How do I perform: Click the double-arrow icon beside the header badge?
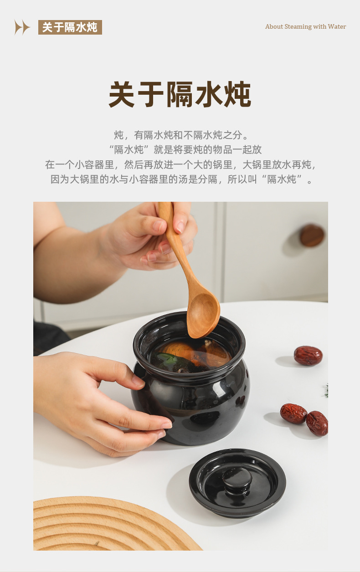click(x=22, y=27)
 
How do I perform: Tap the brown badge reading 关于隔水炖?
click(x=70, y=27)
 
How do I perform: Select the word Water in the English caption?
click(x=337, y=26)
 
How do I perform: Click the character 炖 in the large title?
click(x=237, y=94)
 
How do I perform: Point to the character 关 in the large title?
click(x=122, y=94)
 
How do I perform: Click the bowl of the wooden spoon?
click(x=203, y=316)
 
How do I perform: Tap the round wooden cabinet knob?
click(x=312, y=235)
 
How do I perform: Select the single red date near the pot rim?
click(x=308, y=356)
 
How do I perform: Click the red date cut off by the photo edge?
click(x=317, y=423)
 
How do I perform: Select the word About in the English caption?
click(x=274, y=26)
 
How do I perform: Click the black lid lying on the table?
click(x=237, y=483)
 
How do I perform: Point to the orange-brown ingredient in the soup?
click(x=179, y=349)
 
